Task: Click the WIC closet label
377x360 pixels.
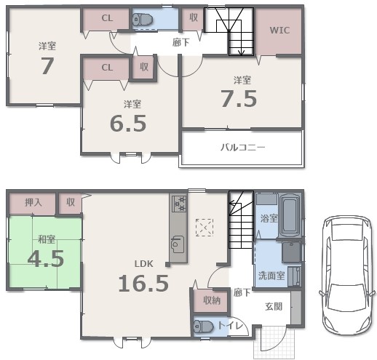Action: coord(279,31)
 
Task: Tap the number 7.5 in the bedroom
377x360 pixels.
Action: coord(239,99)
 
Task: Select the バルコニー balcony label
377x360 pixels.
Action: coord(243,147)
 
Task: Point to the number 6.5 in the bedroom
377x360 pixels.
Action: coord(128,123)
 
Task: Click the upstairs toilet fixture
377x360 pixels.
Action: coord(143,19)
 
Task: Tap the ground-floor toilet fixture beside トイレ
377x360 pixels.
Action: coord(204,327)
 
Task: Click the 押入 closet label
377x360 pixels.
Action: coord(33,202)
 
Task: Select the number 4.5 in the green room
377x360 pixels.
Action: coord(46,258)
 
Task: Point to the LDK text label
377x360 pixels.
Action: coord(144,263)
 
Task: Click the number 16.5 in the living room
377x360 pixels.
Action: coord(143,283)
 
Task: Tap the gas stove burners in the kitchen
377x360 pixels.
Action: coord(179,204)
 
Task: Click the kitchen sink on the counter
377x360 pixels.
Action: coord(178,244)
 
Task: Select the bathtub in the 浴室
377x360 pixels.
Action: coord(290,215)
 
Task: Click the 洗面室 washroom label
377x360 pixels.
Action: coord(271,276)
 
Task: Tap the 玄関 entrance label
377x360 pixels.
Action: coord(274,307)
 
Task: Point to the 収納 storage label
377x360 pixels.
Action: coord(212,300)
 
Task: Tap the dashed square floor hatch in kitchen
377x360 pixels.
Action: coord(205,228)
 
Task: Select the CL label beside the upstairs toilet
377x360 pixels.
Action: coord(107,18)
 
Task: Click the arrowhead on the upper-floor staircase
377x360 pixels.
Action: coord(242,52)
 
